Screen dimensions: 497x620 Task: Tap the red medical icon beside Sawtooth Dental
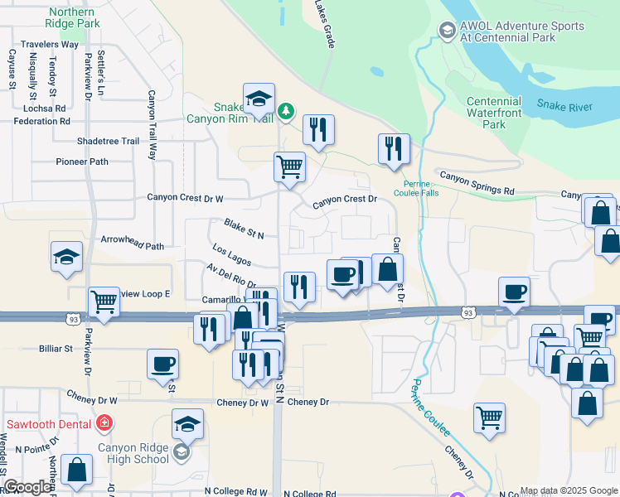pyautogui.click(x=104, y=424)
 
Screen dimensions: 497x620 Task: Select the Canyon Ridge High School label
pyautogui.click(x=133, y=453)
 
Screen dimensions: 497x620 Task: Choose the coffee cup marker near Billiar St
pyautogui.click(x=163, y=363)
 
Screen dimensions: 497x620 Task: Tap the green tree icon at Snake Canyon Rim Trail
pyautogui.click(x=286, y=110)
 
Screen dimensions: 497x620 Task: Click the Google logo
pyautogui.click(x=27, y=487)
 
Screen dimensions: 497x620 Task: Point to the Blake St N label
pyautogui.click(x=244, y=229)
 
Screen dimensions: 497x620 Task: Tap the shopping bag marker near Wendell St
pyautogui.click(x=76, y=469)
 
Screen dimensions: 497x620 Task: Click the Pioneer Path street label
pyautogui.click(x=82, y=162)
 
